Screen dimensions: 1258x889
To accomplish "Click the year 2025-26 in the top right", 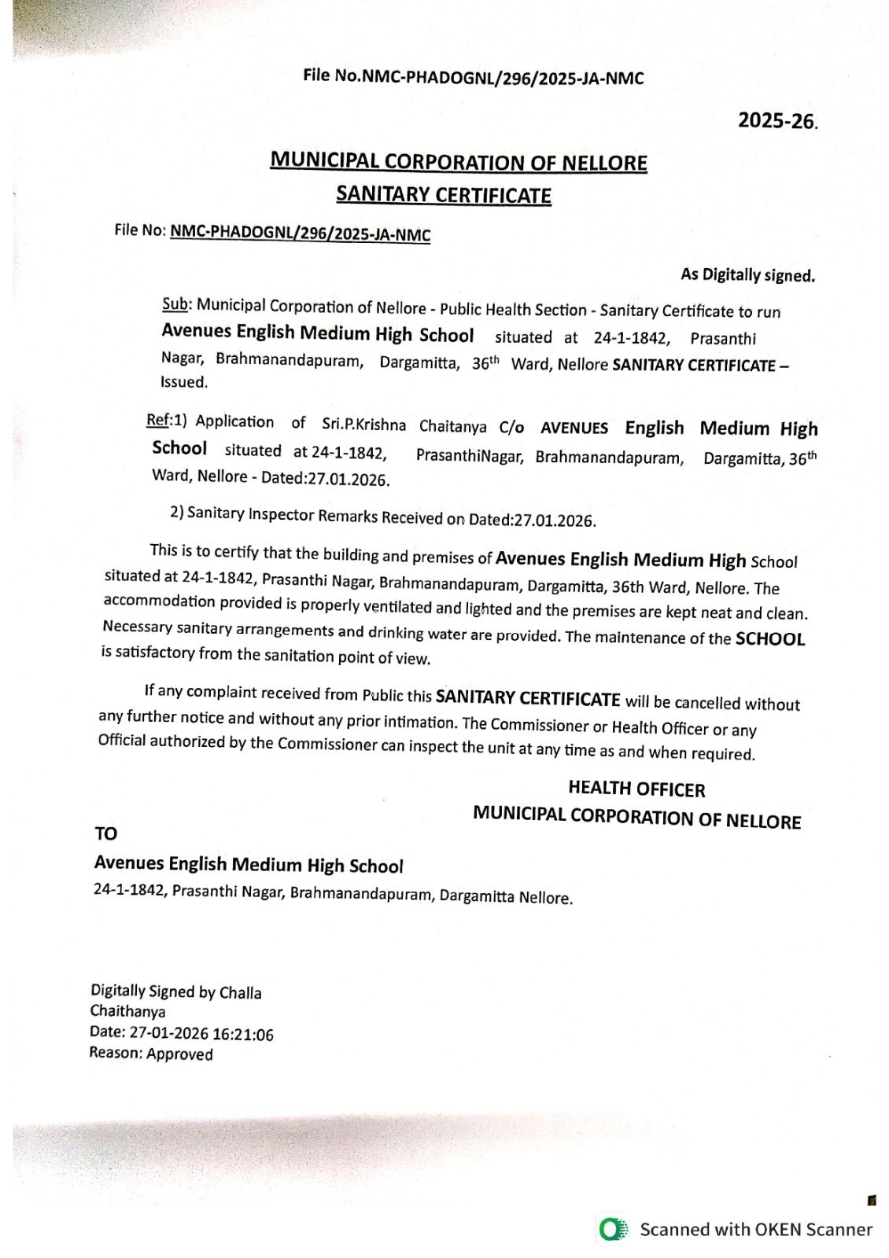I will click(x=777, y=121).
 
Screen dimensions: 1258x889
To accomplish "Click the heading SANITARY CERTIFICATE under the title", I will click(x=444, y=194).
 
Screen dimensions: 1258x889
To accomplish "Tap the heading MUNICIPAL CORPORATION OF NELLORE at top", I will click(x=459, y=162).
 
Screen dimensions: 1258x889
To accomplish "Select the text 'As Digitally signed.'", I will click(x=747, y=275).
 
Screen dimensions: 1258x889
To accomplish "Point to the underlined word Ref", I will click(x=157, y=420).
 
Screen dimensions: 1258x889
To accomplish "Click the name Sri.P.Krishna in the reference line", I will click(x=364, y=425).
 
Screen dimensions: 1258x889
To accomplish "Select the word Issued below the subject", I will click(x=184, y=383).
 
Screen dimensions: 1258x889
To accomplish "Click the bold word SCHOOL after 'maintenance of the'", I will click(x=769, y=639).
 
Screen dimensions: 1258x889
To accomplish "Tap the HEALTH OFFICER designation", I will click(x=636, y=789).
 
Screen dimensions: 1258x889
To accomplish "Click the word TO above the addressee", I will click(x=105, y=833).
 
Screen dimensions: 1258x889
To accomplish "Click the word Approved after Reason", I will click(x=179, y=1054).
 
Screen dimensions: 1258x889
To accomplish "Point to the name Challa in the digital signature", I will click(x=240, y=993).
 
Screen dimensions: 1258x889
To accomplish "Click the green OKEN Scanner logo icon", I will click(x=612, y=1229).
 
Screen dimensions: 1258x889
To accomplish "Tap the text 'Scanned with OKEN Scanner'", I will click(x=755, y=1230).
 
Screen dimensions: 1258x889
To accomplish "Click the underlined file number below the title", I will click(x=301, y=234).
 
